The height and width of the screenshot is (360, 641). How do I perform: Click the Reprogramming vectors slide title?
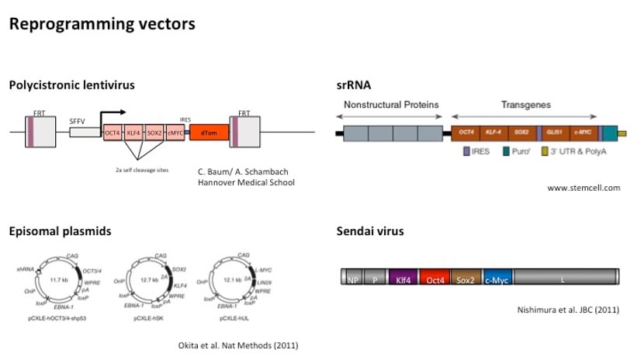pos(102,24)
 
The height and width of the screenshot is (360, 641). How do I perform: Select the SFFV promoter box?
pos(84,132)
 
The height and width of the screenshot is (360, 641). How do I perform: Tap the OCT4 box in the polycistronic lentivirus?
pos(113,133)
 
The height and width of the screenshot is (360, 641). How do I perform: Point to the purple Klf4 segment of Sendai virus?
pos(403,279)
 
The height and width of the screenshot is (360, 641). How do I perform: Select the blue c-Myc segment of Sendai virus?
pos(497,279)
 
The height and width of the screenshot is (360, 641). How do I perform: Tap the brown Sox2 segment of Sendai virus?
pos(466,279)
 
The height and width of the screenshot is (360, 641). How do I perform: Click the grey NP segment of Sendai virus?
pos(353,279)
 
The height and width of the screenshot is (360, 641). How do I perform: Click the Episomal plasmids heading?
pos(60,231)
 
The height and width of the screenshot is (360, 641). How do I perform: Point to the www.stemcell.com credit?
pos(584,188)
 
